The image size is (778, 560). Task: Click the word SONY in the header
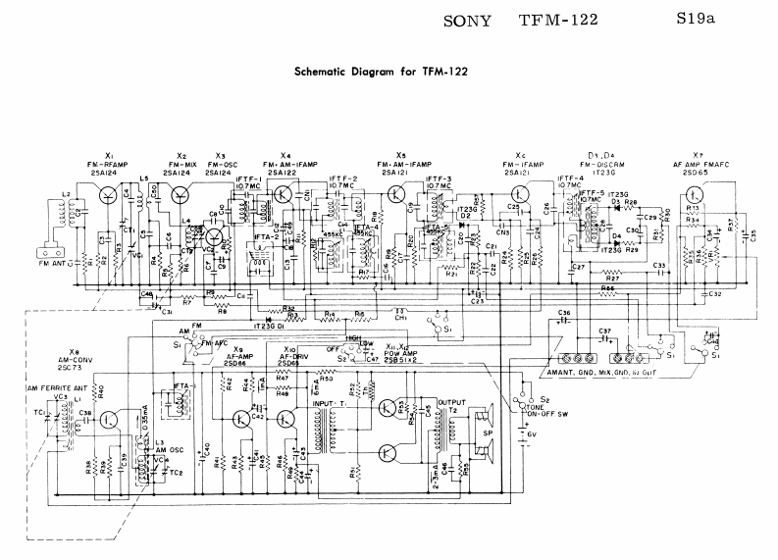point(460,19)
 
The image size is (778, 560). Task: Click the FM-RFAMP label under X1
point(109,164)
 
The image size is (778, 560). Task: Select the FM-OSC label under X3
point(221,165)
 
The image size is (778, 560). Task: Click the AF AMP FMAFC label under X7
point(698,164)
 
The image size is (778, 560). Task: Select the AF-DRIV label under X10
point(289,357)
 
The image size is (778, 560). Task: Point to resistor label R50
point(325,377)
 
